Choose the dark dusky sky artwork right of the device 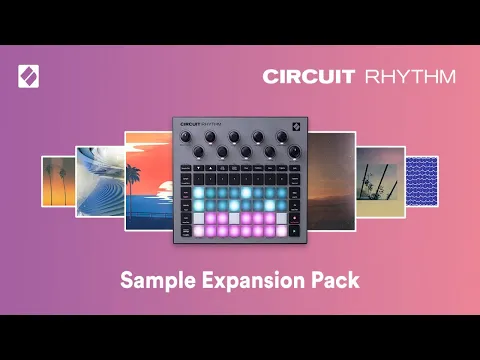pyautogui.click(x=331, y=181)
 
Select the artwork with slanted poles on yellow pyautogui.click(x=379, y=181)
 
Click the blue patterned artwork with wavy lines pyautogui.click(x=421, y=181)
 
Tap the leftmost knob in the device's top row pyautogui.click(x=186, y=138)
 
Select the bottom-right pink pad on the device pyautogui.click(x=282, y=230)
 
